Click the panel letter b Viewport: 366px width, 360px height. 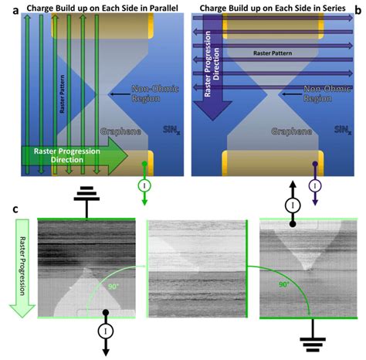point(356,9)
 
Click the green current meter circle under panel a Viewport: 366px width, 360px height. point(145,186)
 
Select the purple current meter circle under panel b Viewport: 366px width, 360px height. point(315,186)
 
